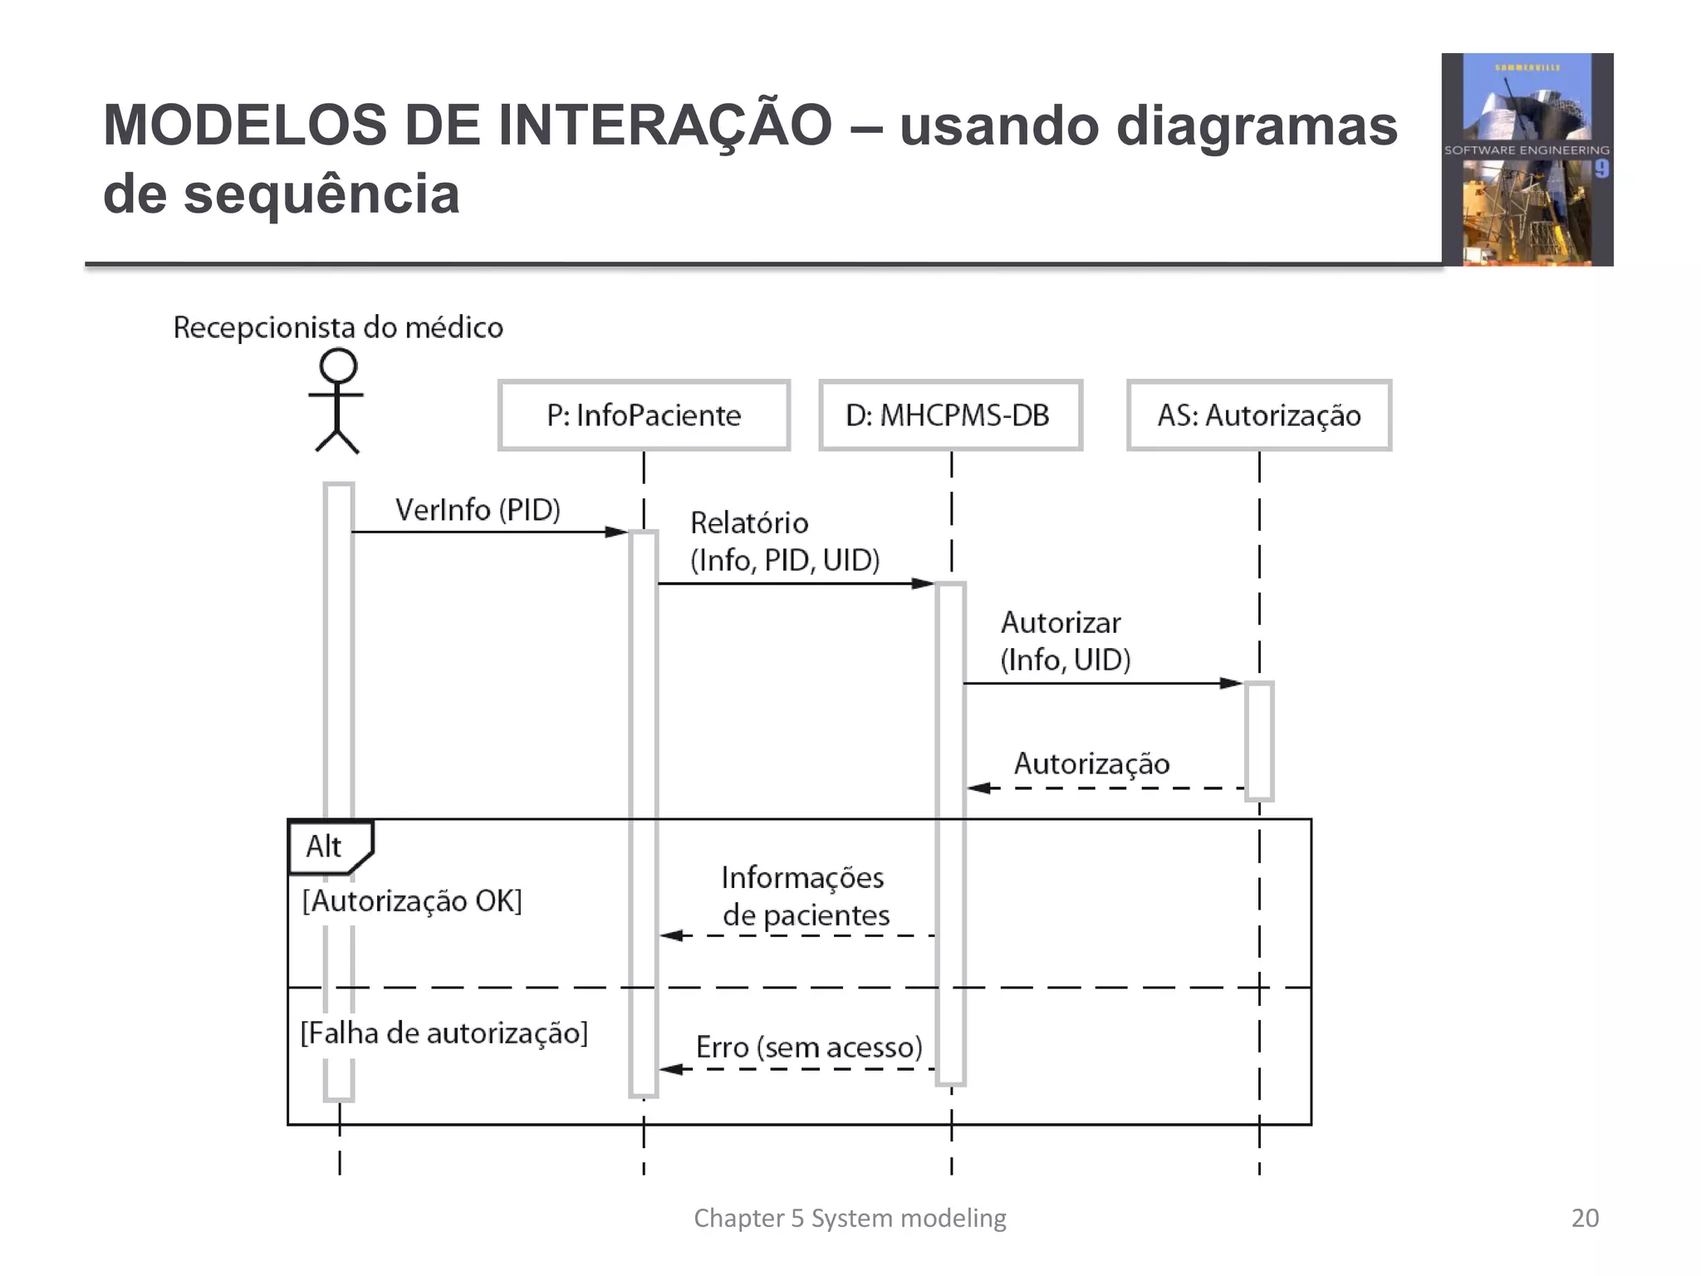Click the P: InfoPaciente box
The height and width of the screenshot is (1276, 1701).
coord(644,415)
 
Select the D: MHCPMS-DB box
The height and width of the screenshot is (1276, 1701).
coord(950,415)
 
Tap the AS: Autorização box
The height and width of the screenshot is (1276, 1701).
coord(1258,415)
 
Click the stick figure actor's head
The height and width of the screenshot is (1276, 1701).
coord(338,366)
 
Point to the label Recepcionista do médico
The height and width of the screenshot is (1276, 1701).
coord(338,327)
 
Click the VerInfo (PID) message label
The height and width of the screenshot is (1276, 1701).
coord(478,509)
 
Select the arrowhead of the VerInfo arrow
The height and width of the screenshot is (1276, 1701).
coord(616,532)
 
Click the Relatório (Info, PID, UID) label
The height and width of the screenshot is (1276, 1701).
coord(784,541)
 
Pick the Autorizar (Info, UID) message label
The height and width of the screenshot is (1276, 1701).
coord(1065,640)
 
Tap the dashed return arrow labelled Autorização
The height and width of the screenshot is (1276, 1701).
coord(1105,788)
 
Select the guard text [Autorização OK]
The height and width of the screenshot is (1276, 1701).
coord(412,901)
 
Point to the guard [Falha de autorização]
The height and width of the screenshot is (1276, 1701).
coord(444,1033)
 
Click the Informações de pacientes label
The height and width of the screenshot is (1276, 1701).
coord(804,896)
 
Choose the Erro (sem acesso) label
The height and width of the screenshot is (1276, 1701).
coord(809,1047)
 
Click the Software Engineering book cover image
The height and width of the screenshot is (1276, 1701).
coord(1527,159)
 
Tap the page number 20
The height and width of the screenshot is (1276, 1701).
coord(1585,1218)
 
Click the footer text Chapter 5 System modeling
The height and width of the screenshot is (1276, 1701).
coord(850,1218)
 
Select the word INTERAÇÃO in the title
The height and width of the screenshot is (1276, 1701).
coord(664,125)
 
